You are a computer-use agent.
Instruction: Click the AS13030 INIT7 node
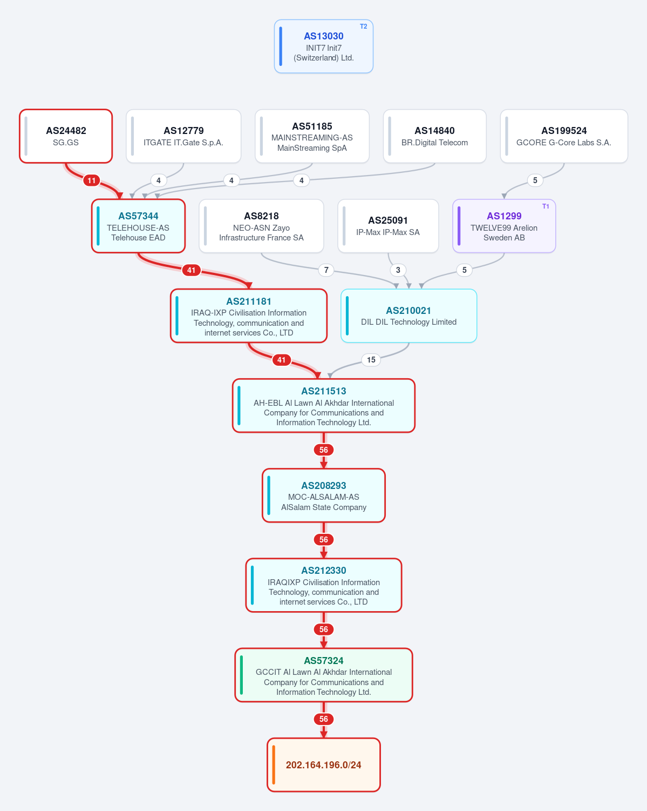point(323,46)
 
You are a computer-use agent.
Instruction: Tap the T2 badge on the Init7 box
point(363,26)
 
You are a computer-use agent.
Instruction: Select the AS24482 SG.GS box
point(66,136)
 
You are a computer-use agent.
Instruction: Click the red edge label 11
point(91,180)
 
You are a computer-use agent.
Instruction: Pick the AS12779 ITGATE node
point(183,136)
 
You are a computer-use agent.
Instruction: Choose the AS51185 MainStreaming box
point(312,136)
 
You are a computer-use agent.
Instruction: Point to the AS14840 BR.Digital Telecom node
point(434,136)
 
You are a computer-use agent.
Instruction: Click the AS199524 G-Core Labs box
point(564,136)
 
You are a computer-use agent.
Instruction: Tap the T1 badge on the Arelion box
point(546,206)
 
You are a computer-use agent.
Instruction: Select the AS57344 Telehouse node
point(138,226)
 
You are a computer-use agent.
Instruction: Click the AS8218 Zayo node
point(261,226)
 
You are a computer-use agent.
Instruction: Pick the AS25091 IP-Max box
point(388,226)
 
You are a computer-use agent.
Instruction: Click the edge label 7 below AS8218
point(326,270)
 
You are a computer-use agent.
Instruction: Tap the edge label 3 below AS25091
point(398,270)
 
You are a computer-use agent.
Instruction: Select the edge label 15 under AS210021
point(371,359)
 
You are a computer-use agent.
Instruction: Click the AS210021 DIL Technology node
point(408,316)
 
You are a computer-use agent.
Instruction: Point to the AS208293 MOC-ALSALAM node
point(323,495)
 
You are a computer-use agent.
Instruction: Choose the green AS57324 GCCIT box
point(323,675)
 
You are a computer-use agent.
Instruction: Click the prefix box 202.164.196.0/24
point(323,765)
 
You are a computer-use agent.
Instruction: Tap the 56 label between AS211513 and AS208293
point(323,450)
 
